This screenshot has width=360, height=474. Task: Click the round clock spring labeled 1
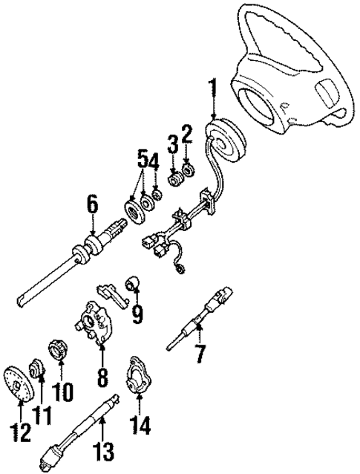click(226, 140)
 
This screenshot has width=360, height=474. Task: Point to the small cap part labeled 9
click(134, 282)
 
